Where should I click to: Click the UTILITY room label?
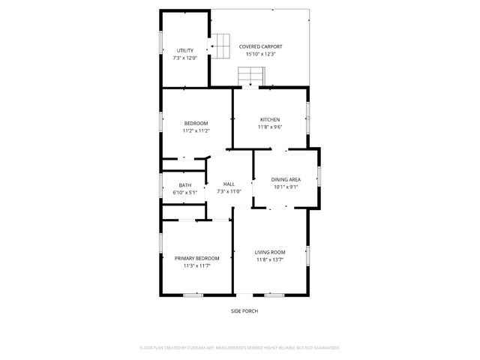point(184,50)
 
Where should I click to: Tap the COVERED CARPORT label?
point(261,46)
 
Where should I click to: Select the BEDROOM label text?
point(196,123)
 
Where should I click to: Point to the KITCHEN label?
point(270,120)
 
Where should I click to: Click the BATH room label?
point(184,185)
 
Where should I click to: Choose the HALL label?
point(229,184)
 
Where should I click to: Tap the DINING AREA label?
point(286,179)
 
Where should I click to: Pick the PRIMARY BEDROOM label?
point(197,258)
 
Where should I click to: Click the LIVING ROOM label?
point(270,252)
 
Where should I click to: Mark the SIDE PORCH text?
point(244,310)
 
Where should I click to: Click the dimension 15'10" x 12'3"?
point(261,54)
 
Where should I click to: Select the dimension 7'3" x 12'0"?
point(184,58)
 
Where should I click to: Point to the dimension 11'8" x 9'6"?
point(270,127)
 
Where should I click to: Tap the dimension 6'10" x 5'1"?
point(184,193)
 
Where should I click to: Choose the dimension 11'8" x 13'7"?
point(270,259)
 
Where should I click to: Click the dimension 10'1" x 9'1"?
point(286,187)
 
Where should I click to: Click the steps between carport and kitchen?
point(251,76)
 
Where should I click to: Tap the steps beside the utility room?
point(220,46)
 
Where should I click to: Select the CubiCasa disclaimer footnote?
point(240,348)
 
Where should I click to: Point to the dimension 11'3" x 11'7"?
point(197,265)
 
